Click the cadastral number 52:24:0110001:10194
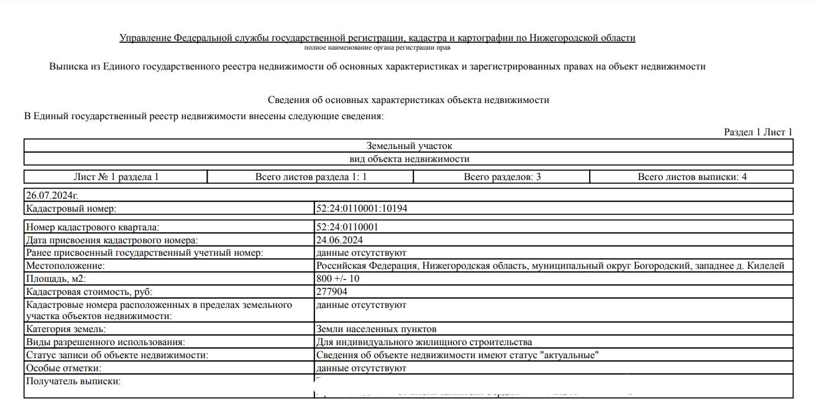point(362,209)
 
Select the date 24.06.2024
point(339,240)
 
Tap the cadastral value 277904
point(332,291)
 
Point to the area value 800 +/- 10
point(337,278)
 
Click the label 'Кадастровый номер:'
point(71,209)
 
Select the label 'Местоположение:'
point(65,266)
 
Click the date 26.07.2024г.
point(52,195)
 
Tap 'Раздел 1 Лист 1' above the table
point(758,132)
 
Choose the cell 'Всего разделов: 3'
point(502,177)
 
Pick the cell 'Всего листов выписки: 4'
point(692,177)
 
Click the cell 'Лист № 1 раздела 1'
point(116,177)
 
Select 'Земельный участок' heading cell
point(408,146)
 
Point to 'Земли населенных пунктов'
point(376,329)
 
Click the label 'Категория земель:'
point(65,329)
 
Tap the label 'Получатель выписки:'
point(73,381)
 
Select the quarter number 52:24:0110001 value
point(347,227)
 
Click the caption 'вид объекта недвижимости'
point(408,159)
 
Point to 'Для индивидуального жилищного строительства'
point(424,342)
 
